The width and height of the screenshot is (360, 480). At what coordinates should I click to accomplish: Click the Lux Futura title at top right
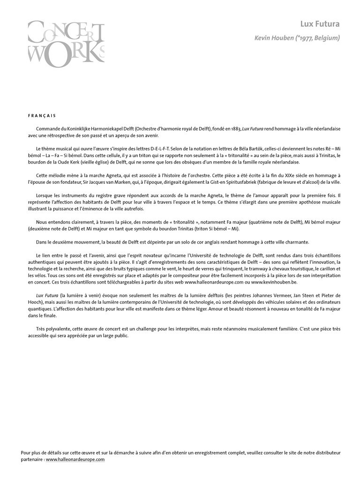[x=320, y=24]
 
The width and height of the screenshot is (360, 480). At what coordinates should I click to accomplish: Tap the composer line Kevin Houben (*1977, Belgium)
[x=297, y=38]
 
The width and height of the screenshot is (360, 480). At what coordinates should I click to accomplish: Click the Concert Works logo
[x=66, y=43]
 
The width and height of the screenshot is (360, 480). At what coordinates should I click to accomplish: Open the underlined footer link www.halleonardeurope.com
[x=75, y=459]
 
